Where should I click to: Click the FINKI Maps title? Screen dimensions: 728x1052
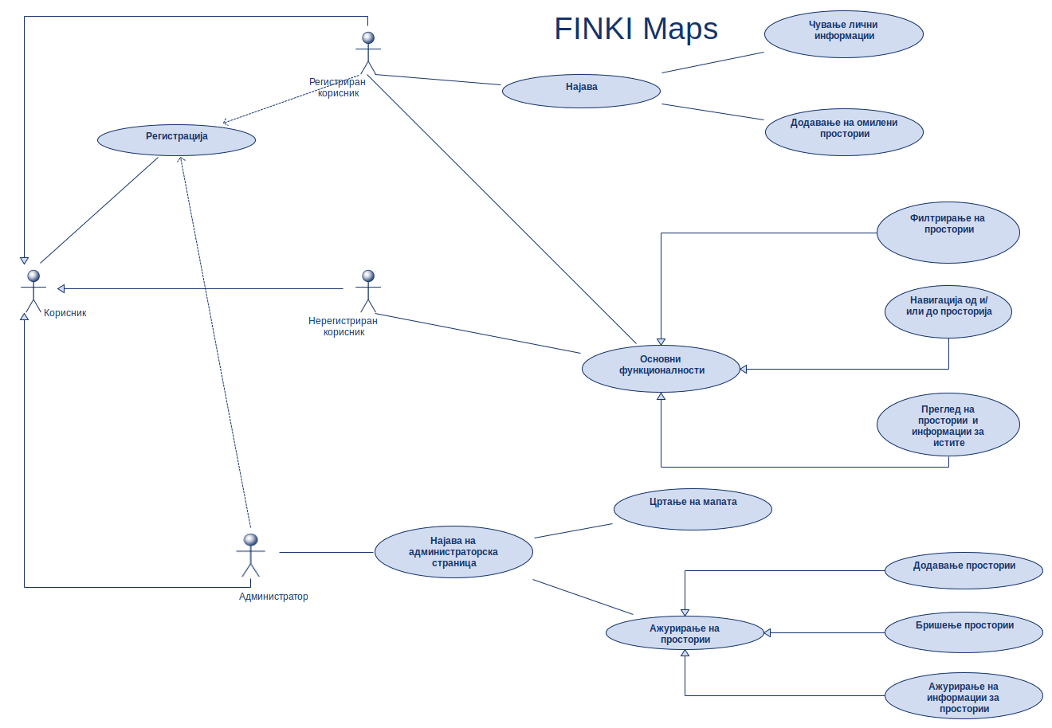(636, 29)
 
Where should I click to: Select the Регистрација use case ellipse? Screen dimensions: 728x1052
(176, 139)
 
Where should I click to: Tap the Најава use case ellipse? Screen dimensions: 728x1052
(581, 90)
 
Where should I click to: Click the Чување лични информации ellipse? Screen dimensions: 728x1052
(843, 34)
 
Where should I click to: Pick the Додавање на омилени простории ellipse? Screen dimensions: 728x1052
(844, 131)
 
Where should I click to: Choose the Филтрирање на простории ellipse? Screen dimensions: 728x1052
(948, 232)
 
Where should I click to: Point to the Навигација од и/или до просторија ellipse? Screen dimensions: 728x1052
(948, 311)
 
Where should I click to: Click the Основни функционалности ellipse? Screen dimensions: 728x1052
(661, 368)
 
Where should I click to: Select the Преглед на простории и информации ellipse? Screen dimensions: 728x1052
(948, 425)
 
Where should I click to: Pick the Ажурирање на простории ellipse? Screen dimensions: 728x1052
(685, 633)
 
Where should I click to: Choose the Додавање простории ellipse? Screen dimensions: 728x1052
(964, 569)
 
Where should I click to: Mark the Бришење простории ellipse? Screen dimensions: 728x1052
(964, 632)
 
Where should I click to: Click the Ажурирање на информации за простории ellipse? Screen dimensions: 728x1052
(964, 696)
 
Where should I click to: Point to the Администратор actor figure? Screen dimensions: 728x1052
(250, 554)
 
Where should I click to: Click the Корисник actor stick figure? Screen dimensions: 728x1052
(33, 291)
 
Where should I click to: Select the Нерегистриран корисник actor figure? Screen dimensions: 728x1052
(367, 291)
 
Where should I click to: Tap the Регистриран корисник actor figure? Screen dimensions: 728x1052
(367, 53)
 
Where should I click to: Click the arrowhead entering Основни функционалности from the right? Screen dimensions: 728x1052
(744, 369)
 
